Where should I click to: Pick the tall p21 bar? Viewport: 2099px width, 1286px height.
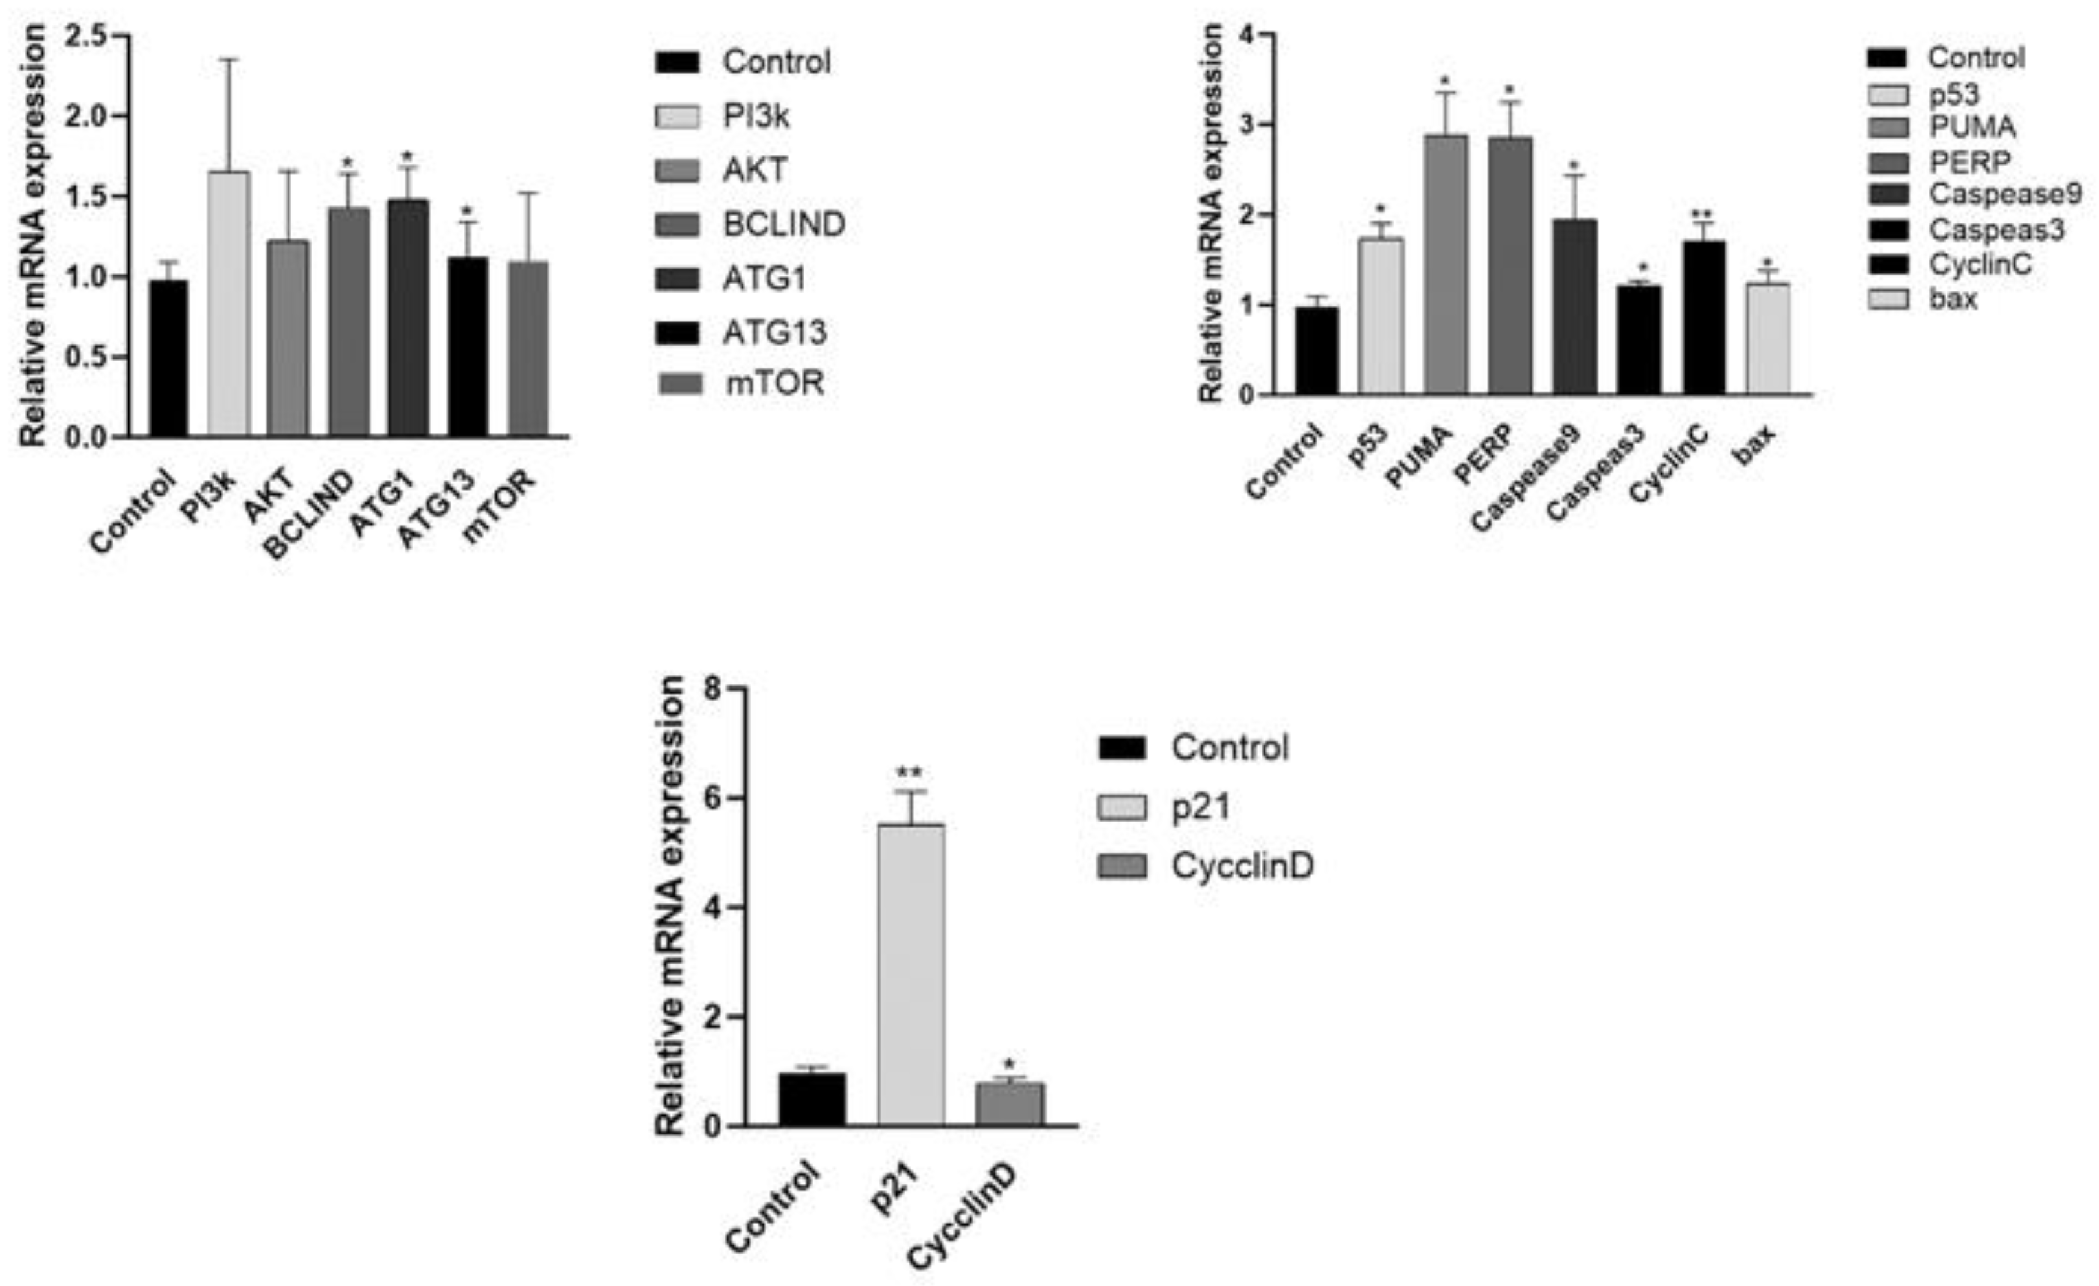click(911, 975)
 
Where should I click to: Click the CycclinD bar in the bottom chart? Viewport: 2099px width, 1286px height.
click(1010, 1105)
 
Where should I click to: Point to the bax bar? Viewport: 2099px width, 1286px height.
click(1767, 339)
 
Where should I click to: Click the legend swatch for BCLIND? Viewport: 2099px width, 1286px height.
click(678, 225)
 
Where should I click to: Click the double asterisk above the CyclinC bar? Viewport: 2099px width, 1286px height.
click(1703, 214)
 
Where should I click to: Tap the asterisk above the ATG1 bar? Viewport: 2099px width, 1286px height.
click(407, 157)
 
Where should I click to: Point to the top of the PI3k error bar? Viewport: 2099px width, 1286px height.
click(229, 59)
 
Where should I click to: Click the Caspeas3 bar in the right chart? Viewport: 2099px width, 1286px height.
click(1639, 340)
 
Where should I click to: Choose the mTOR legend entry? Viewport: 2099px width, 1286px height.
click(773, 383)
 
